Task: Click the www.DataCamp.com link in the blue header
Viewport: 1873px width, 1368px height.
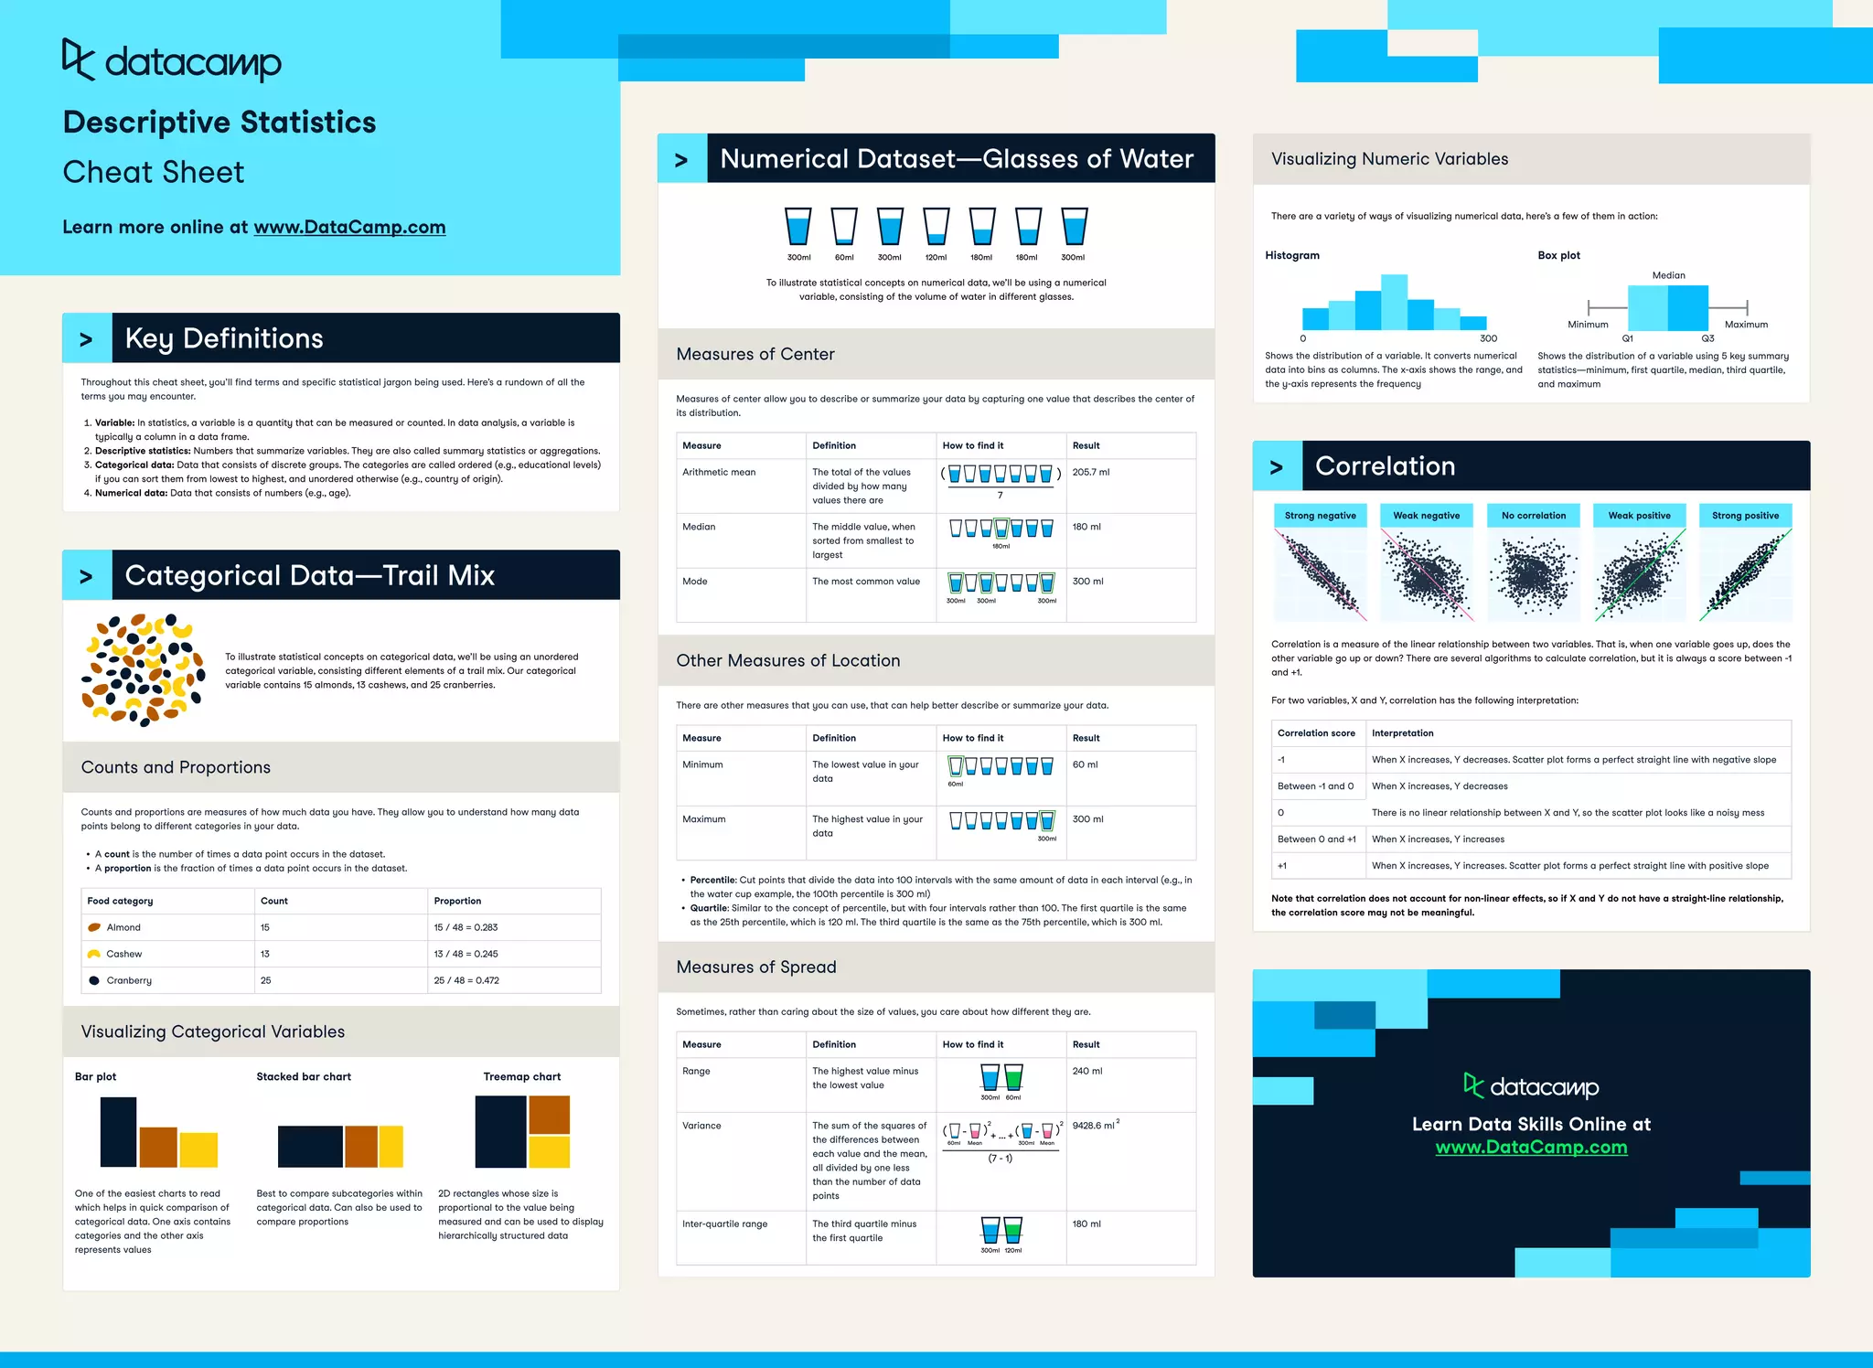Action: tap(349, 227)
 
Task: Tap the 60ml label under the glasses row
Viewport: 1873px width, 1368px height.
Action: tap(844, 257)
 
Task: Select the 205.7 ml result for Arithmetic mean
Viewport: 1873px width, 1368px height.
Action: tap(1090, 472)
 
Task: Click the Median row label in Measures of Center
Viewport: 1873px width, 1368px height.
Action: tap(699, 527)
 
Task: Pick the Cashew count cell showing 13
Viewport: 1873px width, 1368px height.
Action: tap(265, 954)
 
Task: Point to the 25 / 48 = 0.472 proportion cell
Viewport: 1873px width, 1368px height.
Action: tap(466, 980)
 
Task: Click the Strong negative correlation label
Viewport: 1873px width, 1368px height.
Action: tap(1320, 516)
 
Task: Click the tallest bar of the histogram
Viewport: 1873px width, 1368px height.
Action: tap(1394, 302)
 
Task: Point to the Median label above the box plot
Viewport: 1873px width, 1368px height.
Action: tap(1668, 275)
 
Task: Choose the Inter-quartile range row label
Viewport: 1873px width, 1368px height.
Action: tap(724, 1224)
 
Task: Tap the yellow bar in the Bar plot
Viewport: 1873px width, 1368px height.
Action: tap(198, 1149)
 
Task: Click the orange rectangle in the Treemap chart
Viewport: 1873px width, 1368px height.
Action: tap(549, 1115)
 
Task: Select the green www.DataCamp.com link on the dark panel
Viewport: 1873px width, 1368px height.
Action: tap(1531, 1148)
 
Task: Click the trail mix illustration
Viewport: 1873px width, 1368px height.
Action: tap(143, 670)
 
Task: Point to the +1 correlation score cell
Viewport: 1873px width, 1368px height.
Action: tap(1282, 865)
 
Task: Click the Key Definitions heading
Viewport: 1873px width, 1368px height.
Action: tap(224, 338)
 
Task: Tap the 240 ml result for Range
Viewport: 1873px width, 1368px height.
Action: tap(1086, 1071)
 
